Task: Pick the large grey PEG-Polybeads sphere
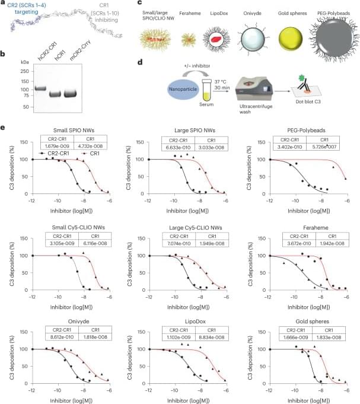[333, 31]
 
